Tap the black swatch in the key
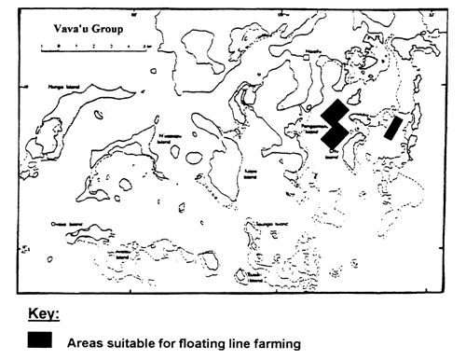[x=39, y=342]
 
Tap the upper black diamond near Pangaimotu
[x=334, y=116]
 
